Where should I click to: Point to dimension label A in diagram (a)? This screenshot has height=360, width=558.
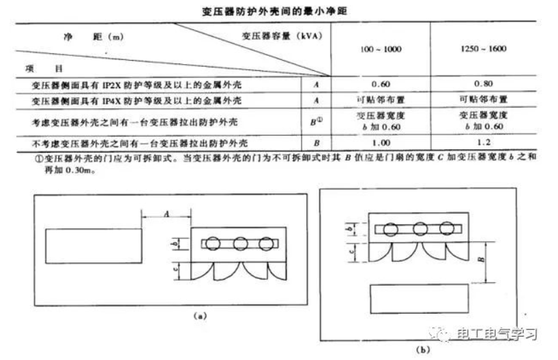pyautogui.click(x=166, y=212)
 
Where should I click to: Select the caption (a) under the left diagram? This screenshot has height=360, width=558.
pyautogui.click(x=199, y=315)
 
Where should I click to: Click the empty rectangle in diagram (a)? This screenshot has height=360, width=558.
pyautogui.click(x=93, y=247)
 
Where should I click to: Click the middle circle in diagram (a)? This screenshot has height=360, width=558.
pyautogui.click(x=240, y=243)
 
